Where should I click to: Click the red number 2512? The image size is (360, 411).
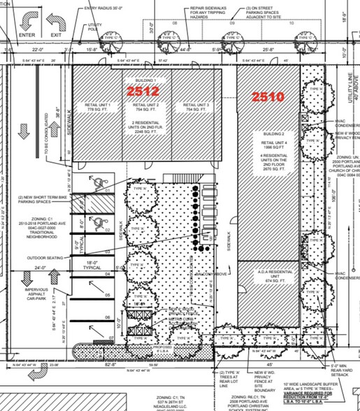(x=143, y=90)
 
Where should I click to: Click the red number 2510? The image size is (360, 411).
(x=268, y=96)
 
